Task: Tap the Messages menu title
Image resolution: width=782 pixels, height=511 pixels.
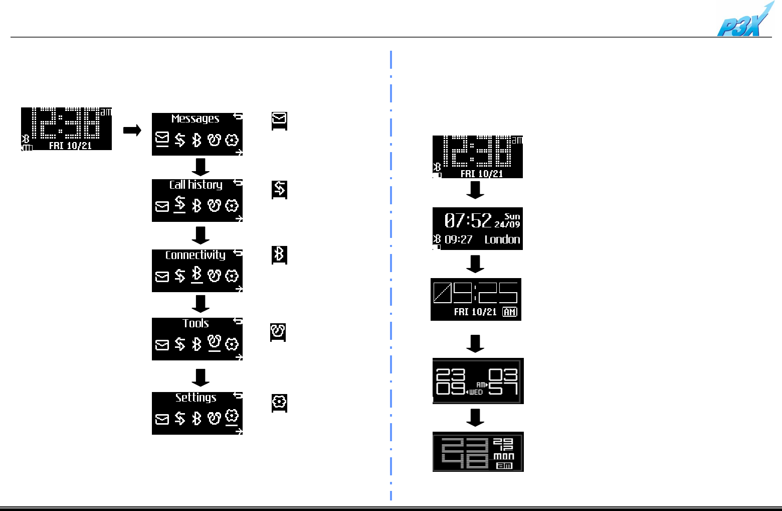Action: (195, 119)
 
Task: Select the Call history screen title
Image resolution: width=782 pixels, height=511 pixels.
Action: (195, 185)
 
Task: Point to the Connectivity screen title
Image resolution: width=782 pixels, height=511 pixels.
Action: (195, 255)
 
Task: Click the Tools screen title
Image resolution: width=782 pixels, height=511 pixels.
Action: (195, 323)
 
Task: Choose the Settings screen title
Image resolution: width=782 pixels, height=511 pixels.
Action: (195, 398)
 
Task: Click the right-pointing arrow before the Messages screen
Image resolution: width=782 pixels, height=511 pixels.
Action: (132, 131)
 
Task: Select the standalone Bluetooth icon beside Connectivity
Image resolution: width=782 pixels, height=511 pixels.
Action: (279, 254)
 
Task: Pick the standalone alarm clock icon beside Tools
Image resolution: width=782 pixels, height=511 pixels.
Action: (278, 332)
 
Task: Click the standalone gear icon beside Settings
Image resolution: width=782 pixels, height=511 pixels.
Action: (279, 402)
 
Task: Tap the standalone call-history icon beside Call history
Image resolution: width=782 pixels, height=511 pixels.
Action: (279, 189)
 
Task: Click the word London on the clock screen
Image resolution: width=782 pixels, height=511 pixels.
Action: (502, 239)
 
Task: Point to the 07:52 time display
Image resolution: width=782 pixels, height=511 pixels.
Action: (468, 220)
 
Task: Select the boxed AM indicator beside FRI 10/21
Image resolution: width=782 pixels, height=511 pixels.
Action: (509, 312)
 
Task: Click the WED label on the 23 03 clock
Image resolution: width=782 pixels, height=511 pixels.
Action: (476, 392)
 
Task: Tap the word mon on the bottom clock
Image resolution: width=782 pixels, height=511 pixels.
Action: (504, 456)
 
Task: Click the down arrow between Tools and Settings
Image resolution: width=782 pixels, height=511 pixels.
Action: (201, 377)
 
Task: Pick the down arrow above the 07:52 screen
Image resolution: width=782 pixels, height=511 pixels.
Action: (475, 190)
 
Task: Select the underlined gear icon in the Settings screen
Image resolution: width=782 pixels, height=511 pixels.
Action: (231, 417)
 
